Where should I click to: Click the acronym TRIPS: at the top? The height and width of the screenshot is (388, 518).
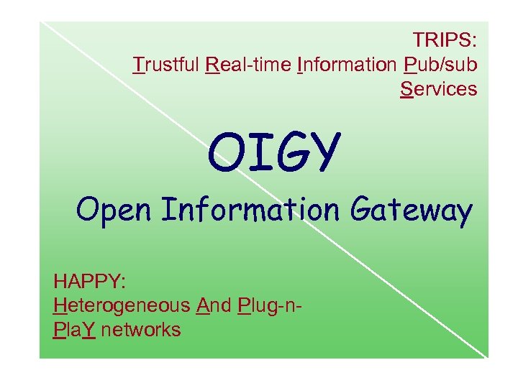[445, 40]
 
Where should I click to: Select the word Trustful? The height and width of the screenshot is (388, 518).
[167, 65]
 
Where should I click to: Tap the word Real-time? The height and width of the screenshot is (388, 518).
[248, 65]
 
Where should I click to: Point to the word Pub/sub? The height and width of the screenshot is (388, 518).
[440, 65]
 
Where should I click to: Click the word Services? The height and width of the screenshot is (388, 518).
[439, 89]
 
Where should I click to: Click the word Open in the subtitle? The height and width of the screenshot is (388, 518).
[116, 211]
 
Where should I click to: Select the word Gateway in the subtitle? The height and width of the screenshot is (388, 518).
[412, 211]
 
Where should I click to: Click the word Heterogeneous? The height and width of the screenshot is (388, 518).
[122, 305]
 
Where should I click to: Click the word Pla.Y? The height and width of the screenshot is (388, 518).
[75, 330]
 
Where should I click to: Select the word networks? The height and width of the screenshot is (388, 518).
[142, 330]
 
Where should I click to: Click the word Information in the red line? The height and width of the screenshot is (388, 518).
[347, 65]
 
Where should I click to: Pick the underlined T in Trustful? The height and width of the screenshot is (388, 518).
[140, 65]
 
